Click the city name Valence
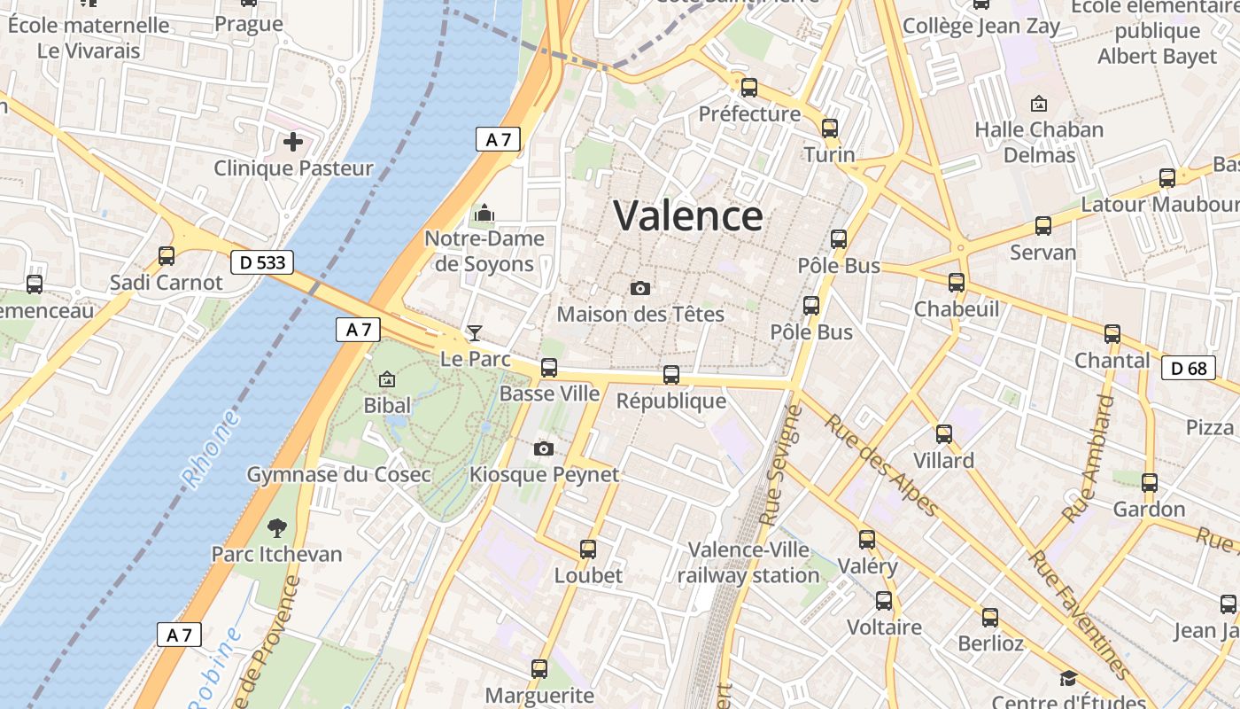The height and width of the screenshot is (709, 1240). pyautogui.click(x=687, y=216)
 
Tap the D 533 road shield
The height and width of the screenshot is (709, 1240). pyautogui.click(x=261, y=262)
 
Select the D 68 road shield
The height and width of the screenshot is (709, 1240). pyautogui.click(x=1188, y=368)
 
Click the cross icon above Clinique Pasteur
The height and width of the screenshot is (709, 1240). pyautogui.click(x=293, y=141)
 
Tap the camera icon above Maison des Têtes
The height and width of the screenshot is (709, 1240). pyautogui.click(x=639, y=288)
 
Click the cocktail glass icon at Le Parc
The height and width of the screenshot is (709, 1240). pyautogui.click(x=475, y=333)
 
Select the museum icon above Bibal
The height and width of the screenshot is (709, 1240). pyautogui.click(x=387, y=379)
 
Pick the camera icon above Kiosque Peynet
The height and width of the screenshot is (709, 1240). pyautogui.click(x=544, y=448)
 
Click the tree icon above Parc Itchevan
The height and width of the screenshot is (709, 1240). pyautogui.click(x=276, y=528)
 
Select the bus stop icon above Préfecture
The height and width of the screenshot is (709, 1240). pyautogui.click(x=749, y=88)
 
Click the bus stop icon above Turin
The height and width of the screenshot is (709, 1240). pyautogui.click(x=830, y=129)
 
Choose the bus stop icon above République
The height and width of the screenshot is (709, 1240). pyautogui.click(x=671, y=375)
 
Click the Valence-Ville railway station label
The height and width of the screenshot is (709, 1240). pyautogui.click(x=748, y=563)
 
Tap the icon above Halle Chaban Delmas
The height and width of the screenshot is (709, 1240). pyautogui.click(x=1039, y=104)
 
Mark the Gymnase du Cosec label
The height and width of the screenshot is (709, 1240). pyautogui.click(x=339, y=474)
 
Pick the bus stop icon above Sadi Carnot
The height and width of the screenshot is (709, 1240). pyautogui.click(x=167, y=256)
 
